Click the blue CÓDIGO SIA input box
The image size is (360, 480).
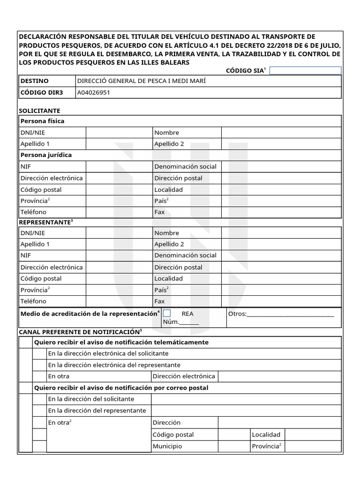(x=306, y=70)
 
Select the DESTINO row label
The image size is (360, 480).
(x=34, y=81)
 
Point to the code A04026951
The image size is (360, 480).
(x=94, y=92)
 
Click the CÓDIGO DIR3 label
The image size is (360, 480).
(x=41, y=92)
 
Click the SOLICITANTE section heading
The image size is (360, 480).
(x=39, y=111)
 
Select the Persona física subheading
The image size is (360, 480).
(x=42, y=121)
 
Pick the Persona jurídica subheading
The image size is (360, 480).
(x=46, y=155)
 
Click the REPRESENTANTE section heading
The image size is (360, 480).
(x=45, y=222)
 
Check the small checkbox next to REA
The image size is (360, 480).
(x=167, y=313)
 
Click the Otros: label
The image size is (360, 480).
(x=237, y=314)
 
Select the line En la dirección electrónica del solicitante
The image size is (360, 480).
(x=108, y=353)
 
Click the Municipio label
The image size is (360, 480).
(x=167, y=446)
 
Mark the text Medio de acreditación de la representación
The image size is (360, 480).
(x=89, y=313)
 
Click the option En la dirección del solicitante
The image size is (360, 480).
(x=91, y=399)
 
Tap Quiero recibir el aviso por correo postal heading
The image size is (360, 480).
(x=121, y=388)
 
